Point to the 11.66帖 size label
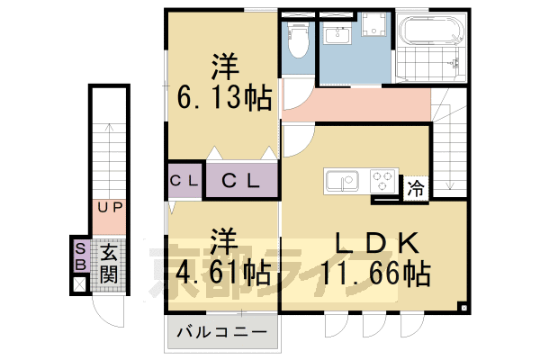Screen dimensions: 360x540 click(379, 271)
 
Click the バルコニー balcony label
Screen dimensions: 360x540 click(220, 333)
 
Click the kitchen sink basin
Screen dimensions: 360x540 click(342, 182)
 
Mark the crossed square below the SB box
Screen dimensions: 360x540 click(80, 285)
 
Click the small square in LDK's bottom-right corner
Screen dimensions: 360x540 click(463, 307)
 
